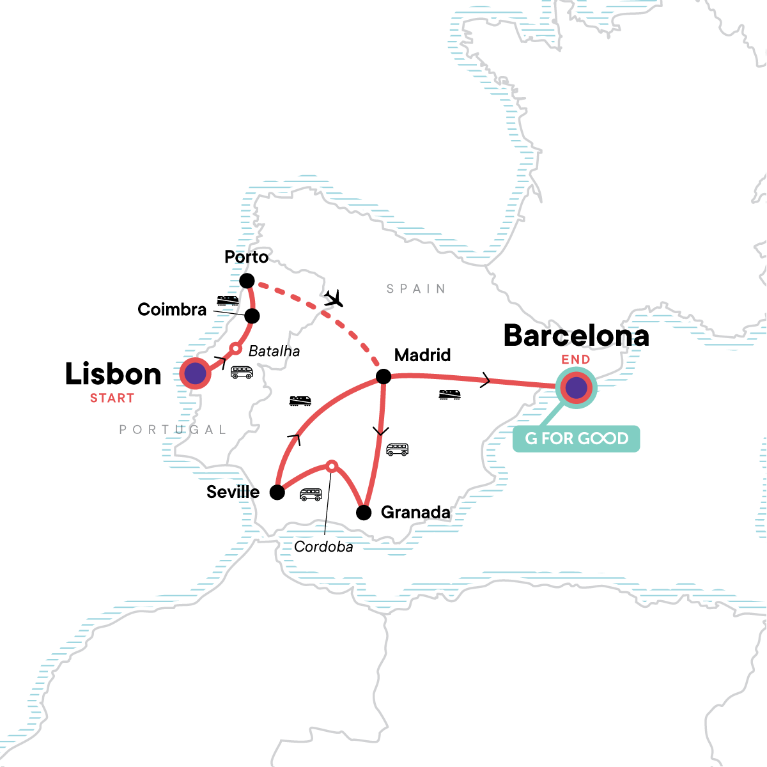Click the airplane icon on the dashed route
tap(333, 298)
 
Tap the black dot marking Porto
tap(247, 281)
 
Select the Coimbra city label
tap(172, 310)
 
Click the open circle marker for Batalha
tap(235, 348)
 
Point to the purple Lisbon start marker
tap(195, 373)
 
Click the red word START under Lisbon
tap(112, 398)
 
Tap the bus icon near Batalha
tap(242, 372)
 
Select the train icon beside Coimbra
tap(228, 300)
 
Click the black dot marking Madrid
tap(383, 376)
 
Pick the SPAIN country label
tap(416, 289)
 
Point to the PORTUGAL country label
tap(173, 430)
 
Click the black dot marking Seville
tap(277, 492)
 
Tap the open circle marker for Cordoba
tap(332, 466)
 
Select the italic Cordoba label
tap(323, 547)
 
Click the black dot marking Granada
tap(363, 513)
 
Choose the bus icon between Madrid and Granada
tap(397, 449)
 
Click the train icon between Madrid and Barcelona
tap(449, 394)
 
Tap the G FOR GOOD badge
tap(576, 438)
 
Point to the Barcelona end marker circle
tap(576, 387)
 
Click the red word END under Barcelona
tap(575, 360)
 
